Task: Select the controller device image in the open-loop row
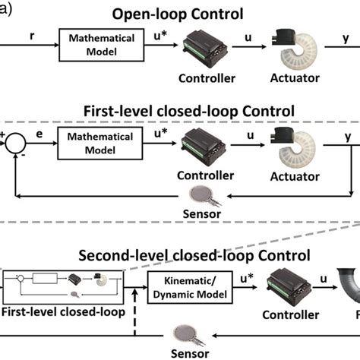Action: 203,47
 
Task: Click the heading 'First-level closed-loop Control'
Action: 189,111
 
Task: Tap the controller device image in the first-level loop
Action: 203,144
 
